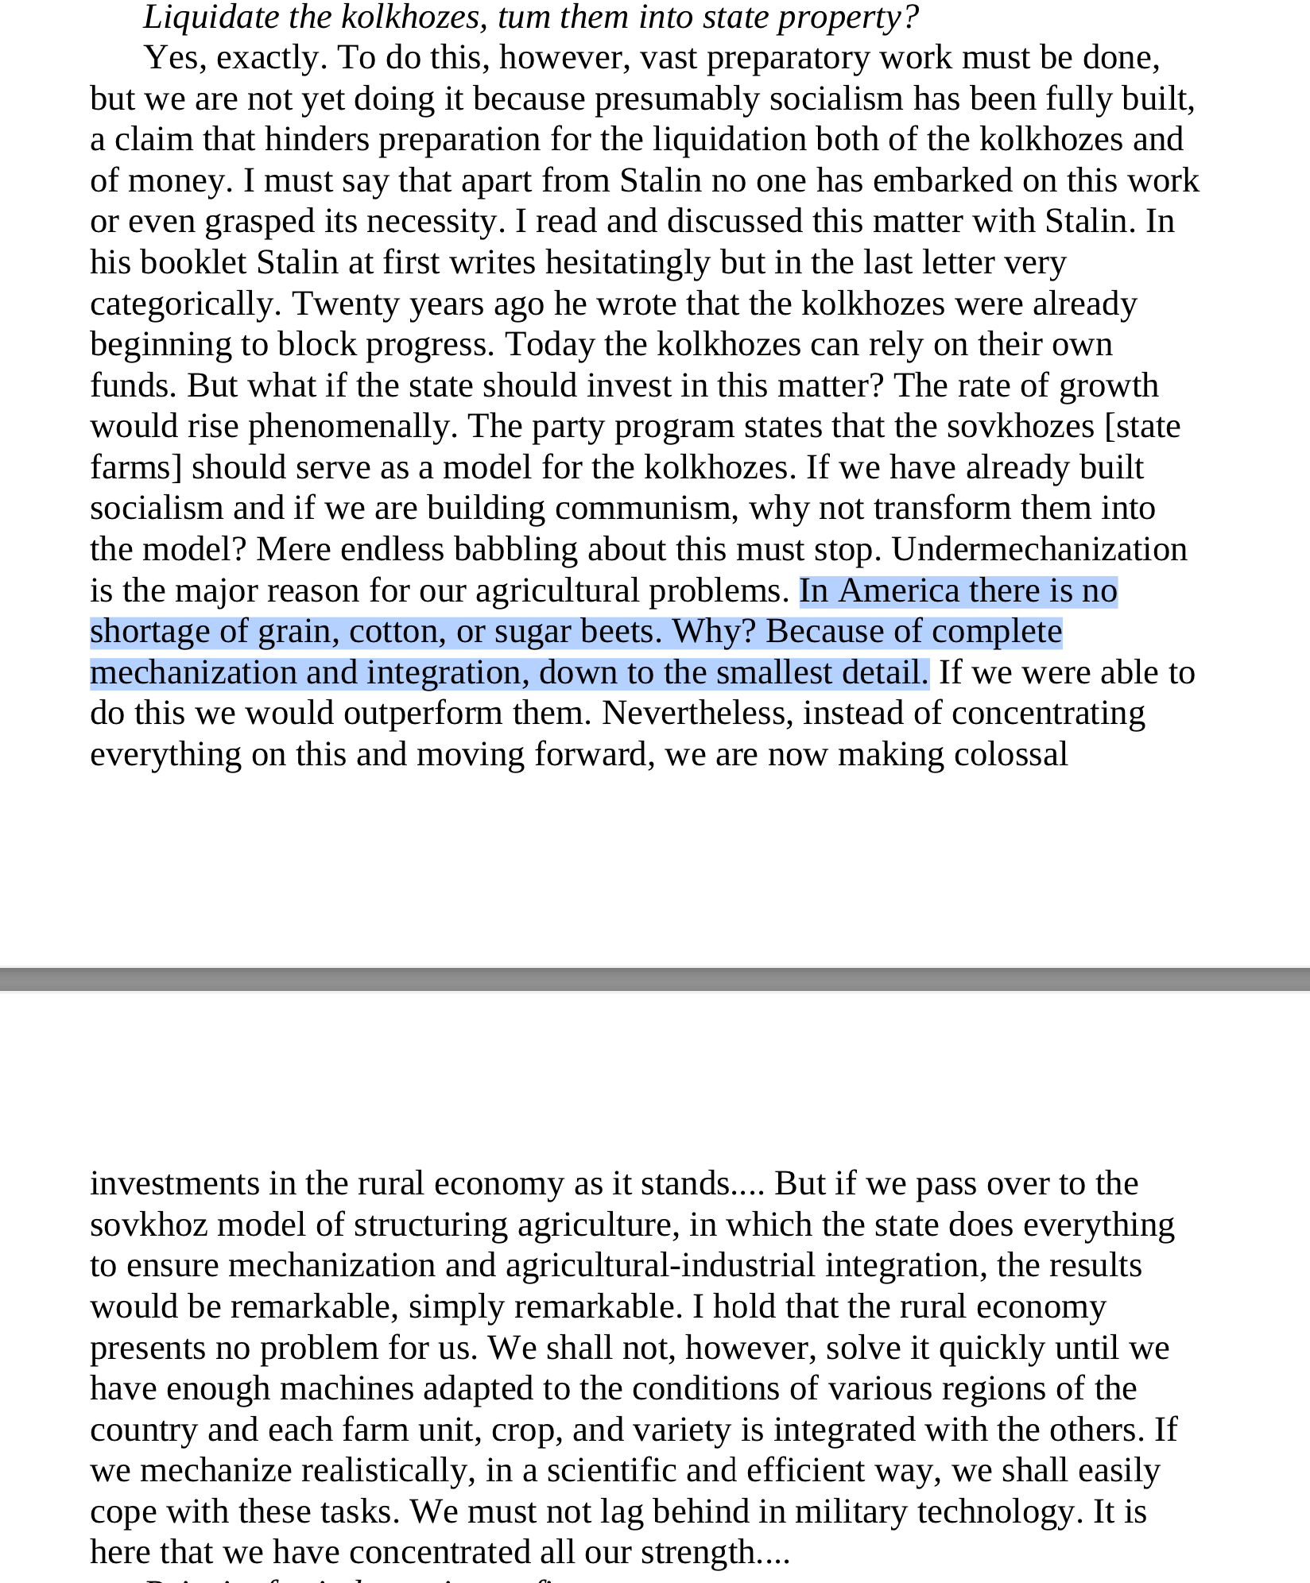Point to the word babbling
[510, 550]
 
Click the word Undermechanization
[1039, 550]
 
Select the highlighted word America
[898, 591]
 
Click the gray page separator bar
[655, 979]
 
